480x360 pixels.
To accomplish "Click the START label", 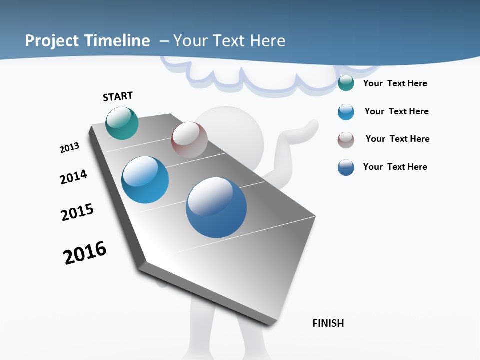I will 118,96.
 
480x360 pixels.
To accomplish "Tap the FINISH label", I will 328,323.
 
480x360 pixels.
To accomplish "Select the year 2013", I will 69,147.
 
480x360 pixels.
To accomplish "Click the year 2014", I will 73,177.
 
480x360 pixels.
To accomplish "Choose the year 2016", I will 85,253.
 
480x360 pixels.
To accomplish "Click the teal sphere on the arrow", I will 122,123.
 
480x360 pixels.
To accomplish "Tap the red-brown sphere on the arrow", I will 189,140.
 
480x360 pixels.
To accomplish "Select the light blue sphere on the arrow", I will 145,180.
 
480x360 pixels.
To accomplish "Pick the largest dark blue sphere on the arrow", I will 216,207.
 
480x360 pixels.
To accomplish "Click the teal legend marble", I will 346,83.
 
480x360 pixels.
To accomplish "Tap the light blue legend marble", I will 346,112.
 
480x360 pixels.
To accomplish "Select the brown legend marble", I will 346,140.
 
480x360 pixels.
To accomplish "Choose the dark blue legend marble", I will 346,167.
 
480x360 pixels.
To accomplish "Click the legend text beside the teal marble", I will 395,83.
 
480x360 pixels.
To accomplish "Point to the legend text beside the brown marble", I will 397,139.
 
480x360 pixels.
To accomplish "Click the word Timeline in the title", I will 119,41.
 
